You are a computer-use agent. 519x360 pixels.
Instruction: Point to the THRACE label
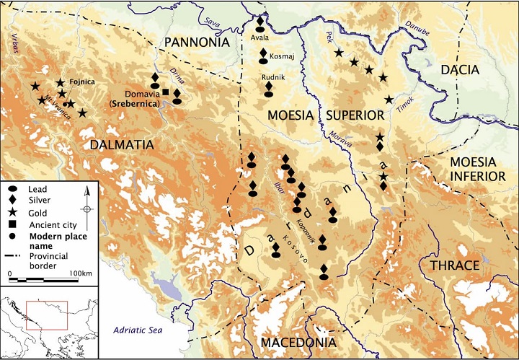[x=454, y=265]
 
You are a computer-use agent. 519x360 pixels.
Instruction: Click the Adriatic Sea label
[x=144, y=330]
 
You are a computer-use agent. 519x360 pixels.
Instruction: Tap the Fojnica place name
[x=82, y=82]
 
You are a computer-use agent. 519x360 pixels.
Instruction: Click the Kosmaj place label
[x=278, y=54]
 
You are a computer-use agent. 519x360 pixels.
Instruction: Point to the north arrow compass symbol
[x=86, y=203]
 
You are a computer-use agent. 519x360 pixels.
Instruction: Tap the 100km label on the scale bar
[x=81, y=274]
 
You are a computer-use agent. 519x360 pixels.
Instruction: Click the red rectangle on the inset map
[x=46, y=315]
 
